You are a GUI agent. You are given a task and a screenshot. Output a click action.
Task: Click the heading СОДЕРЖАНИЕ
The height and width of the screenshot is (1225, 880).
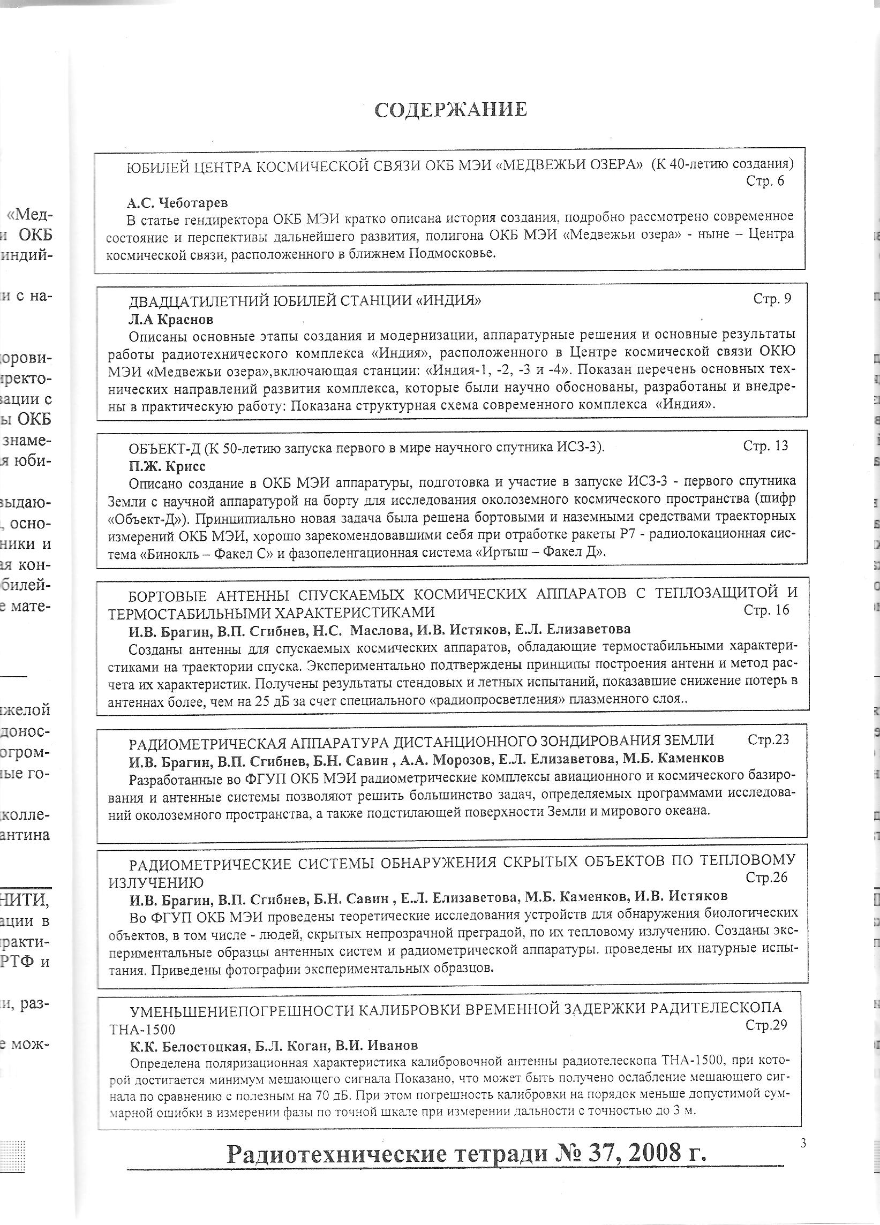[x=450, y=110]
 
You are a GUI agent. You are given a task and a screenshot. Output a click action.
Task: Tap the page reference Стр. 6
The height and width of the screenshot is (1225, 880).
[x=765, y=181]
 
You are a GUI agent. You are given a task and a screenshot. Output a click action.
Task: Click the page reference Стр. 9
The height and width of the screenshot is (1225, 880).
[x=772, y=299]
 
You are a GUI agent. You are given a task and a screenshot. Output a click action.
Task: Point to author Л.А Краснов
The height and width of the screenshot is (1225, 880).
[x=171, y=319]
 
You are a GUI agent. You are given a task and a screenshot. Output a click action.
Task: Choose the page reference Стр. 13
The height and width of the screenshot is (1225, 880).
[x=765, y=445]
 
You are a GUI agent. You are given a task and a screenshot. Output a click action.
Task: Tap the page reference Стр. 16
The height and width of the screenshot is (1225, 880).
[x=766, y=610]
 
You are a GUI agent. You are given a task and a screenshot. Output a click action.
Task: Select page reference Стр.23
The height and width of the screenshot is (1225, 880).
[x=768, y=739]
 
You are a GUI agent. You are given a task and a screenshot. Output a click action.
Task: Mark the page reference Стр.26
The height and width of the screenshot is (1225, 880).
[x=766, y=877]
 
